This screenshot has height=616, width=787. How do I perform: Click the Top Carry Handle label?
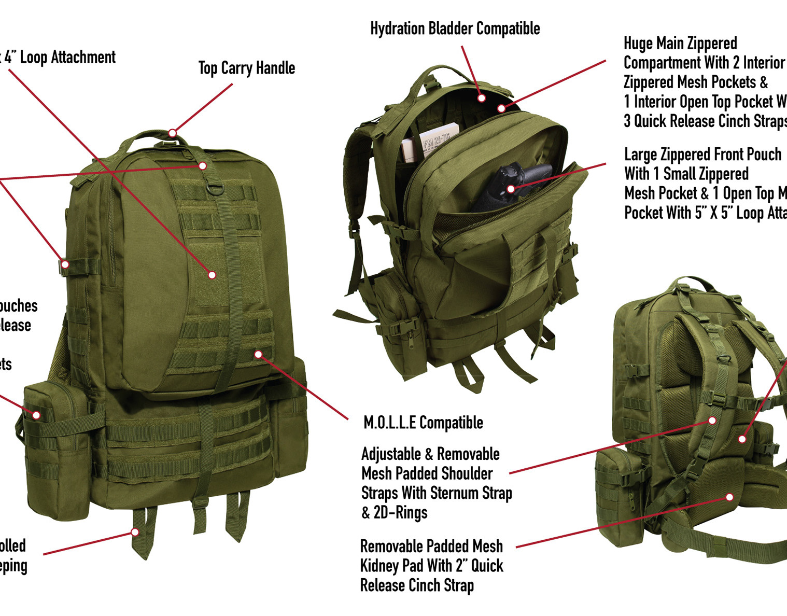[246, 68]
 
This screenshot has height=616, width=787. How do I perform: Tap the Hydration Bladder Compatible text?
[455, 29]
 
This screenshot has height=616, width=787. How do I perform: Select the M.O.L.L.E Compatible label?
[423, 423]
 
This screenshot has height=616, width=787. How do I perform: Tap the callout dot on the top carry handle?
[172, 133]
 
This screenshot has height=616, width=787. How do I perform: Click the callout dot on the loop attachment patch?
[212, 275]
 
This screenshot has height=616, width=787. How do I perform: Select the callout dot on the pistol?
[511, 189]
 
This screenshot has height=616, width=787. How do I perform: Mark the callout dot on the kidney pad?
[729, 497]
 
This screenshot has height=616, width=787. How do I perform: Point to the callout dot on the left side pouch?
[36, 415]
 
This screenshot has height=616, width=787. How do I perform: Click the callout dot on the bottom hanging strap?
[135, 532]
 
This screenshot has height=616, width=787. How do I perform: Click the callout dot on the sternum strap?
[712, 421]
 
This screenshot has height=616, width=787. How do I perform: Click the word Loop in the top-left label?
[33, 58]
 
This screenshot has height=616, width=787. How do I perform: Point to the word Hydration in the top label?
[397, 29]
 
